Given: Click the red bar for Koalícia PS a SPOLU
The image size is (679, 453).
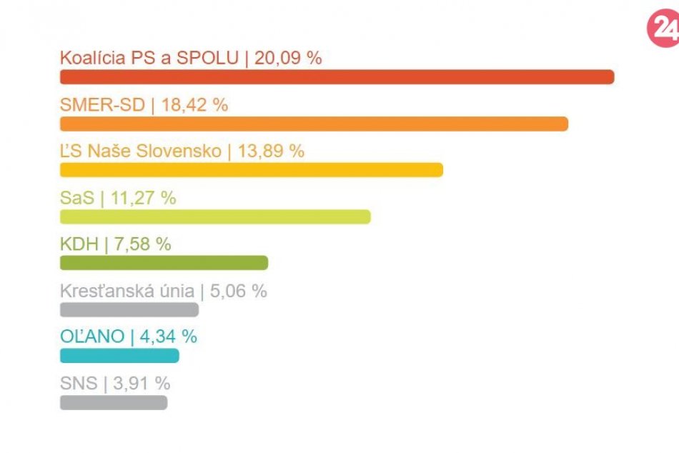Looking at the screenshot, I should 337,77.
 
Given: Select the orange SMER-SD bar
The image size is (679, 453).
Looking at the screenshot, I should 314,124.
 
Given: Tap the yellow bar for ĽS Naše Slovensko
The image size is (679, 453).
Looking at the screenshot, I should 252,170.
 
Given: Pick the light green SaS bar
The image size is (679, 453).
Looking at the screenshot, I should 215,216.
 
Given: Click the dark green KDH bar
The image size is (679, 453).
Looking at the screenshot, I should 164,263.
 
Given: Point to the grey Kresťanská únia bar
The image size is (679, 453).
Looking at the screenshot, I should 129,309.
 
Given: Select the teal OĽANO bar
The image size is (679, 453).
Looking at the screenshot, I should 119,356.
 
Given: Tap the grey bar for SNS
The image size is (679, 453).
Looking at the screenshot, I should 114,402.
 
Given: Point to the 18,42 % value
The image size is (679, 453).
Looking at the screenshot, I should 194,104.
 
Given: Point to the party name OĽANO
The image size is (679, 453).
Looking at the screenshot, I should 92,337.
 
